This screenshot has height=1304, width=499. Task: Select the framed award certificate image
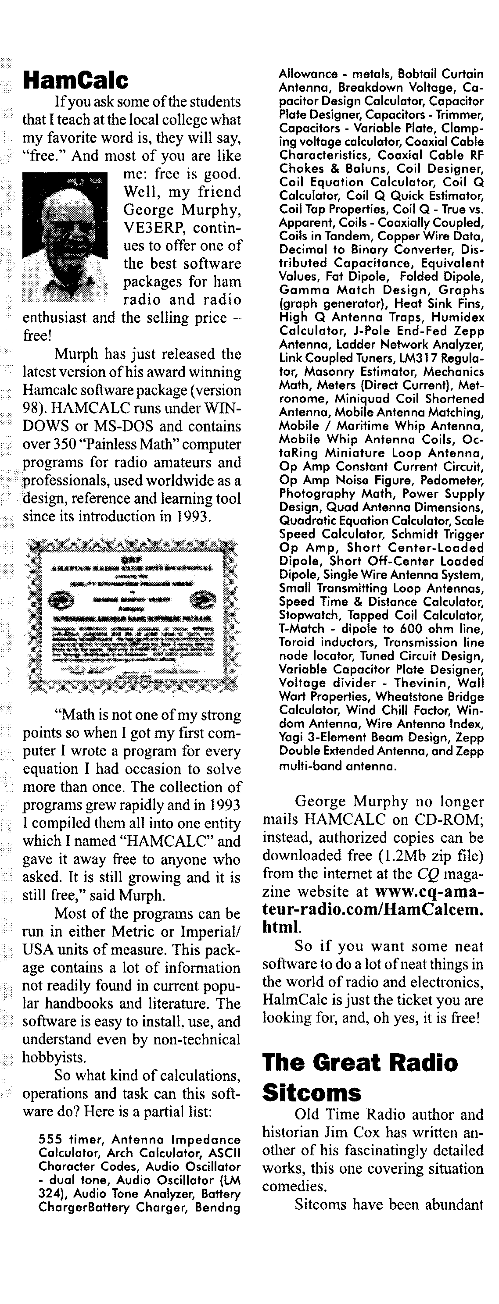131,616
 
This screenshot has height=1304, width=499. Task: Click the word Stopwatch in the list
304,615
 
